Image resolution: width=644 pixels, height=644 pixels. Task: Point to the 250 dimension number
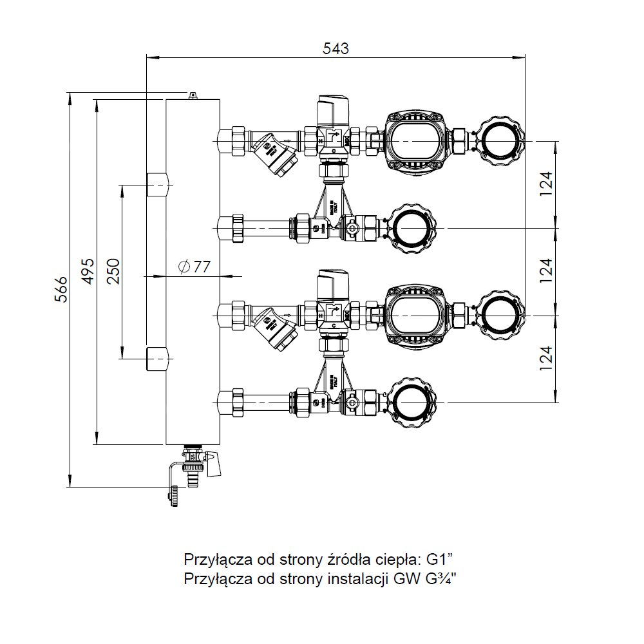point(113,270)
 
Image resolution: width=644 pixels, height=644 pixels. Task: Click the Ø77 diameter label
point(193,266)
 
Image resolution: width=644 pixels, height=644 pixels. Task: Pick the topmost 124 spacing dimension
point(547,184)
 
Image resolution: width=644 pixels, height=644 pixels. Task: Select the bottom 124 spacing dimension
point(547,359)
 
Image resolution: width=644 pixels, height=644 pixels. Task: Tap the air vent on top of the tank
point(192,95)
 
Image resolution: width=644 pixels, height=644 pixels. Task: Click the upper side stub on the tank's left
point(158,185)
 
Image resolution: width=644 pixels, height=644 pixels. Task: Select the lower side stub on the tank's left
point(158,359)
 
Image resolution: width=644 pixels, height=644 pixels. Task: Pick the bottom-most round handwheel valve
point(413,404)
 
